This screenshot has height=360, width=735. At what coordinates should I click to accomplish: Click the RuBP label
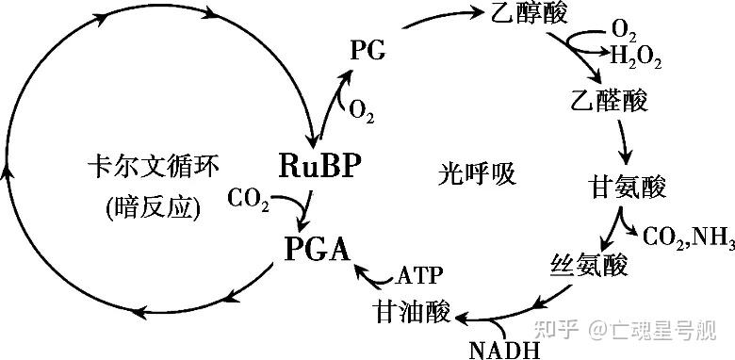click(x=320, y=165)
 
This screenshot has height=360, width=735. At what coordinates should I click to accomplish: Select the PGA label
click(x=317, y=250)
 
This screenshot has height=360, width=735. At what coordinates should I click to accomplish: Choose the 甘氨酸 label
click(x=628, y=187)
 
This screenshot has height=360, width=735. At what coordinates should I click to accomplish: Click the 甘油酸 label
click(x=412, y=311)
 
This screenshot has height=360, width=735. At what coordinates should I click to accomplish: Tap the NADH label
click(x=504, y=350)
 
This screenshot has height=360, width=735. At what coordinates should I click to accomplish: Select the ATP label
click(x=419, y=276)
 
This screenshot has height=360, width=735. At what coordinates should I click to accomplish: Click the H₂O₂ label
click(x=636, y=58)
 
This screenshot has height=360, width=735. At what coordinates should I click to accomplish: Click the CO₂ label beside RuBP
click(x=249, y=200)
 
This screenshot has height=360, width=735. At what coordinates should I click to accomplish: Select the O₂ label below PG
click(x=361, y=111)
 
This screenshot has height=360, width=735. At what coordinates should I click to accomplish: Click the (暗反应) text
click(x=154, y=206)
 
